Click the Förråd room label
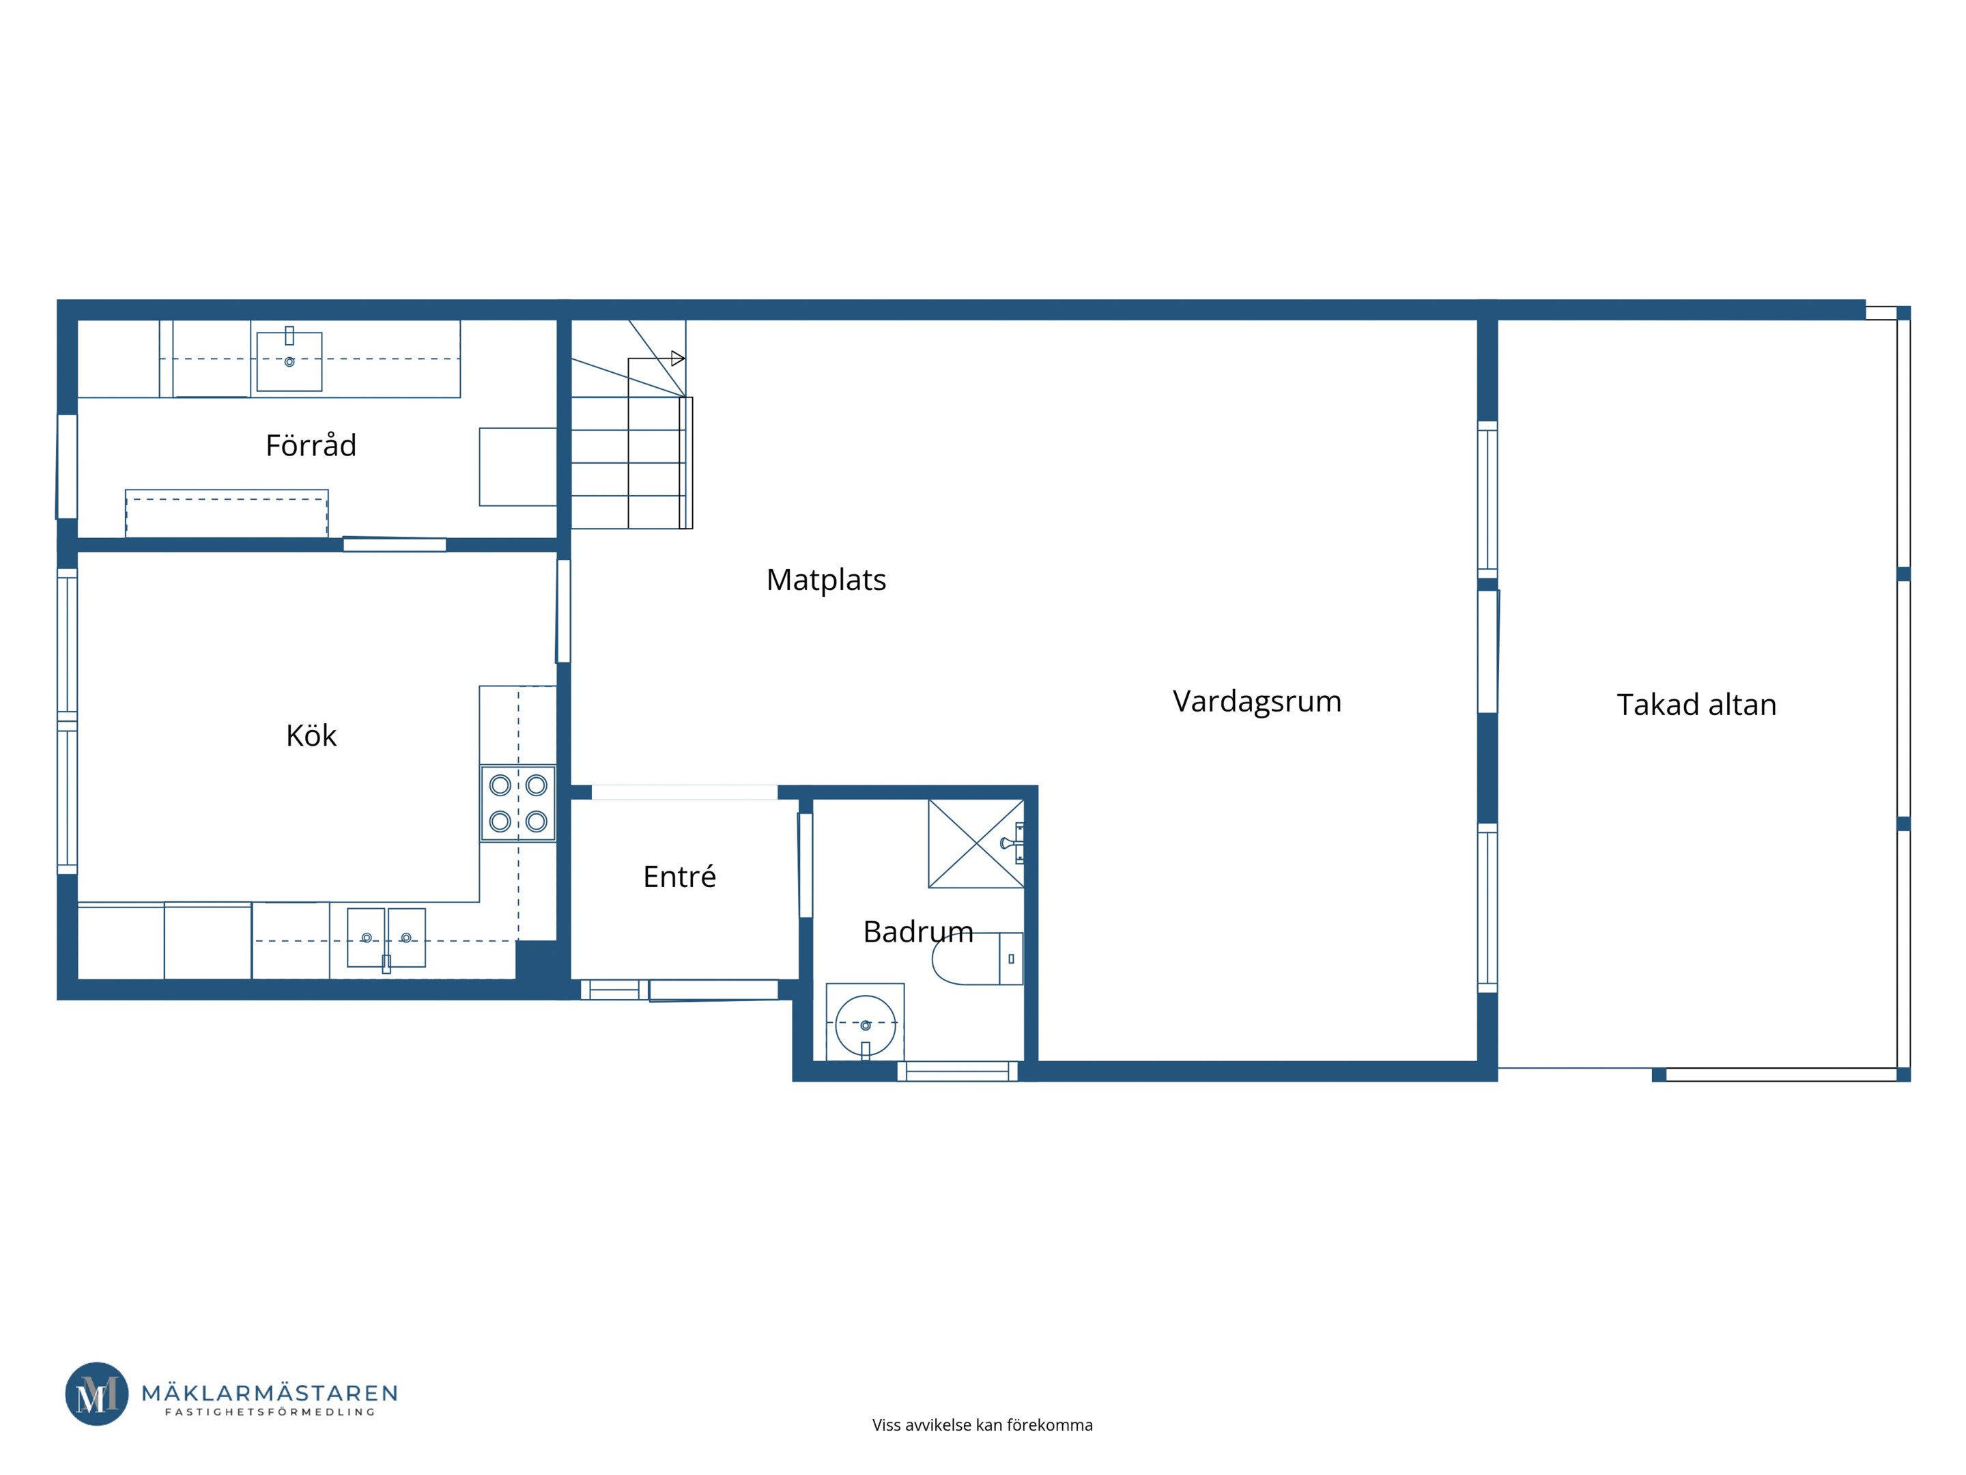tap(311, 445)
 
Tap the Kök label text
tap(311, 735)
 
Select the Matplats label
tap(826, 580)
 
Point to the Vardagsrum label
tap(1257, 701)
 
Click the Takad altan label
tap(1696, 704)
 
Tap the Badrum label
tap(918, 931)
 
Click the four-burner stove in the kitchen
tap(518, 804)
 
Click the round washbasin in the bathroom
tap(866, 1025)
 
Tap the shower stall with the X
tap(976, 843)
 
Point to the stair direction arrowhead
tap(678, 359)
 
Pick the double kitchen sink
tap(386, 938)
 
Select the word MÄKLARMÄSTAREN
tap(270, 1392)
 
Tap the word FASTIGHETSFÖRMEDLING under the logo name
tap(270, 1412)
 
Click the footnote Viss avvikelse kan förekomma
tap(982, 1425)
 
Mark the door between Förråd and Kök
tap(395, 544)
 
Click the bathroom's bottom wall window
tap(957, 1071)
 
